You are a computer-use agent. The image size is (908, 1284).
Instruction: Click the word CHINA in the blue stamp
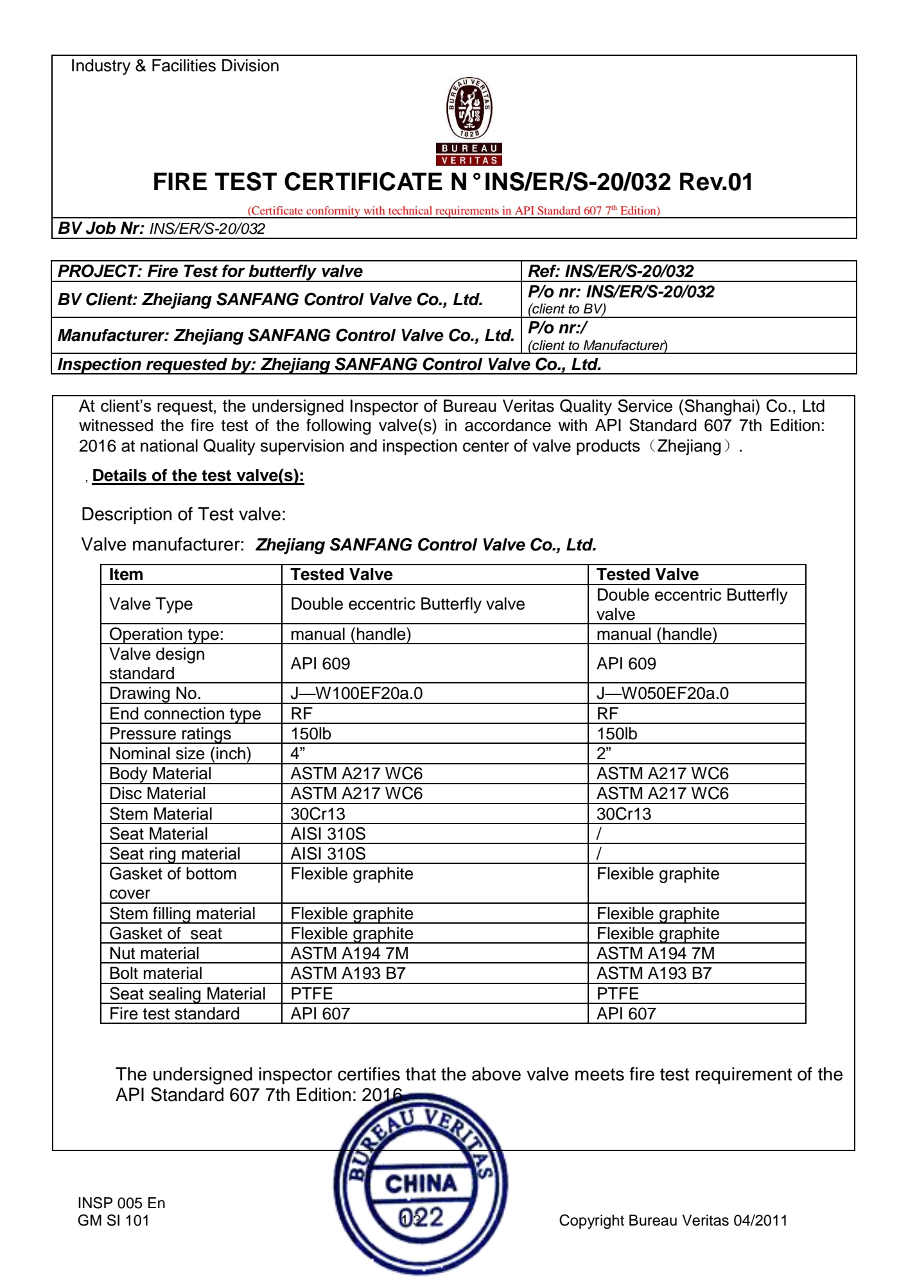tap(421, 1183)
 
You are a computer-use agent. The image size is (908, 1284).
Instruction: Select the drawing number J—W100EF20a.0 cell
tap(356, 694)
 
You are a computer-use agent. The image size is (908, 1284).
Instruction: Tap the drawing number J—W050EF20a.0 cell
tap(662, 694)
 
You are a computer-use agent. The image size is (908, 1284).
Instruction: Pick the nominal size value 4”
tap(297, 753)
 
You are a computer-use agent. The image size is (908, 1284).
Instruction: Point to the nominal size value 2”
tap(604, 753)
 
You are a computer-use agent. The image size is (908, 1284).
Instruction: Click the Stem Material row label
tap(161, 814)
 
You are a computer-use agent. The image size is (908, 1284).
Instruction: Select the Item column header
tap(126, 574)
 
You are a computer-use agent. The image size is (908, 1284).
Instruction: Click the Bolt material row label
tap(155, 973)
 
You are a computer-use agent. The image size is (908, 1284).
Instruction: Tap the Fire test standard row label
tap(174, 1014)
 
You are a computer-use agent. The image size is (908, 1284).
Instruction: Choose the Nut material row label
tap(154, 953)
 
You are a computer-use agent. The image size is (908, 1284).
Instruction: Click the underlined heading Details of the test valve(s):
tap(198, 476)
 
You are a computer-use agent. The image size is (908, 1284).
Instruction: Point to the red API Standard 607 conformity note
tap(453, 211)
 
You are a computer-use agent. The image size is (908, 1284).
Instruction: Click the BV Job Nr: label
tap(101, 229)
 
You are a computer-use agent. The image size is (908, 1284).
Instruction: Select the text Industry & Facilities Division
tap(175, 66)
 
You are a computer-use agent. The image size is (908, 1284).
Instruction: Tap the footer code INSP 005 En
tap(121, 1203)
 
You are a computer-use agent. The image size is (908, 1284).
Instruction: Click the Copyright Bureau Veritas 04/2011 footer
tap(672, 1220)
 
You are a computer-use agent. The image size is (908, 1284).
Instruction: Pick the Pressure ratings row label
tap(170, 734)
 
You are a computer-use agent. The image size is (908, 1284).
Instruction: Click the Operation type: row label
tap(166, 634)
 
